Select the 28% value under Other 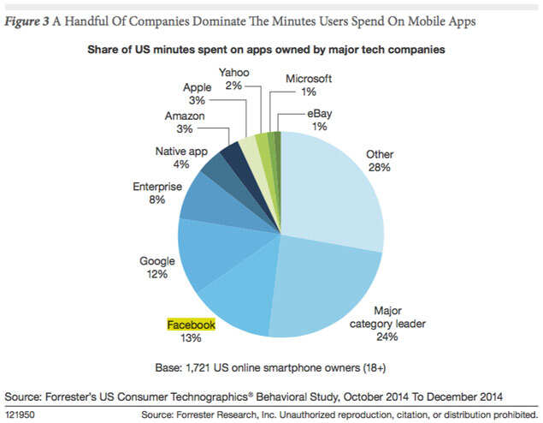click(379, 167)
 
